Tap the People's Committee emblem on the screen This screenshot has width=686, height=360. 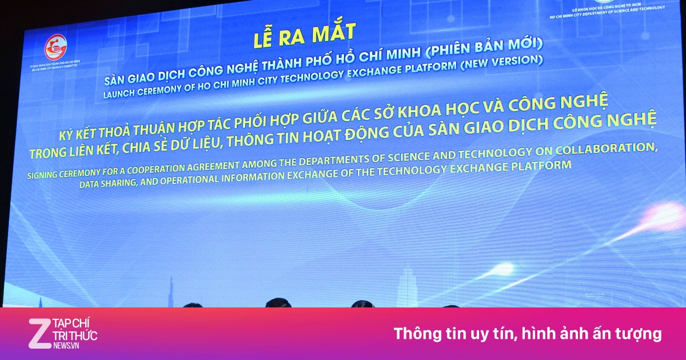point(56,47)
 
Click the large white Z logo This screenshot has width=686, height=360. point(39,333)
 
